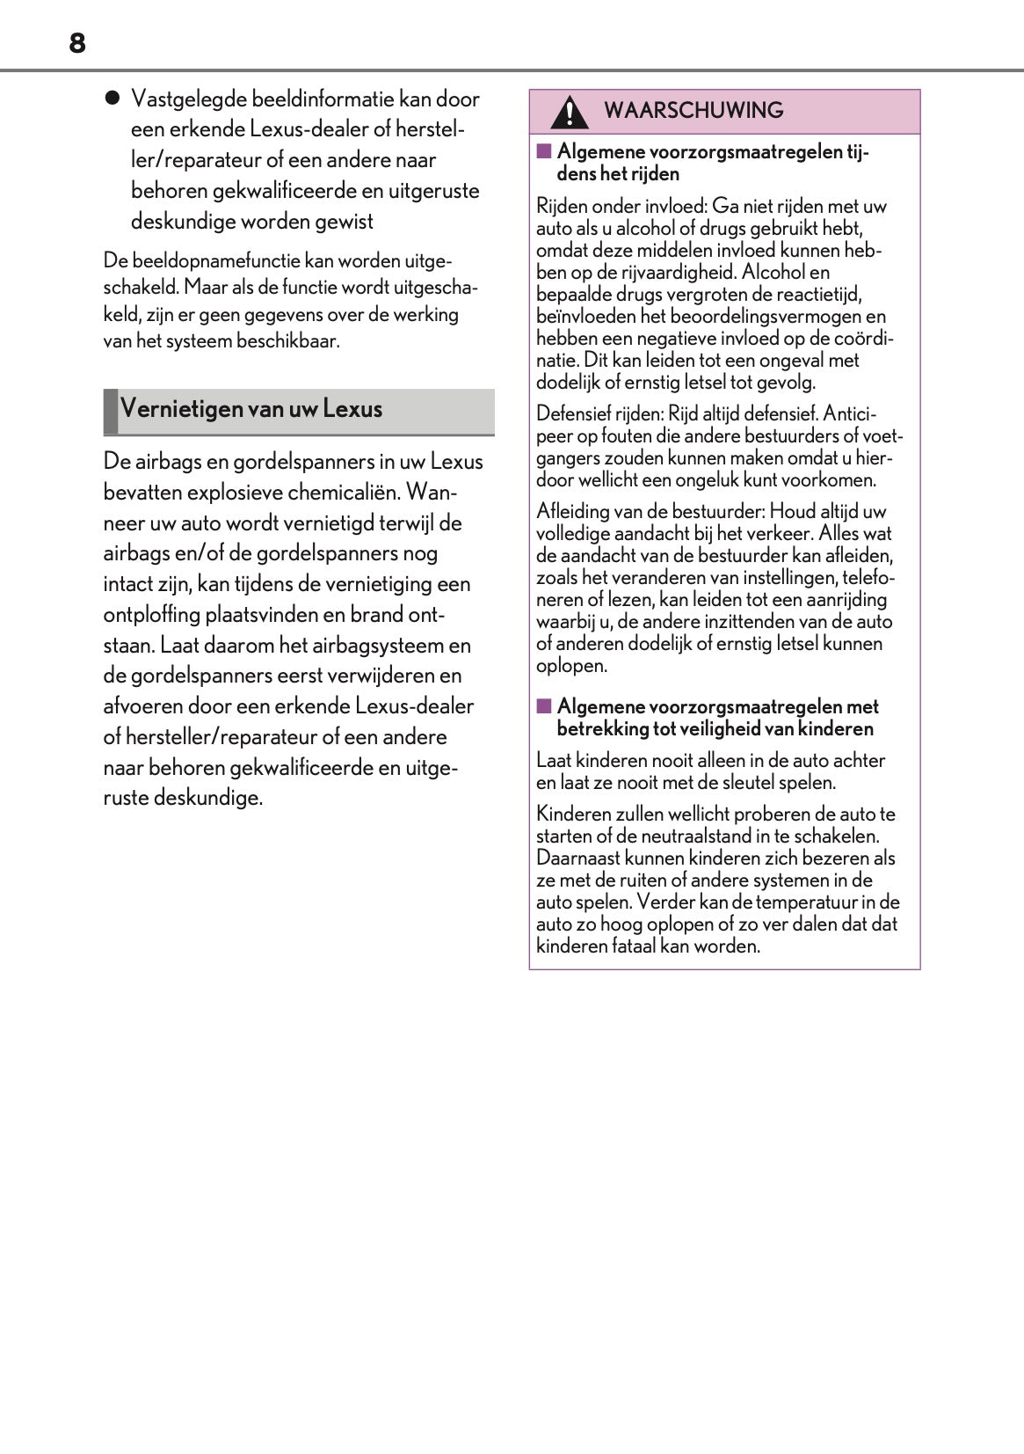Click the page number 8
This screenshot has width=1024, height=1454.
pos(77,43)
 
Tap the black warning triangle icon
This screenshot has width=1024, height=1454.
pos(570,113)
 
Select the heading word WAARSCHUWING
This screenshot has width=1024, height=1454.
pos(694,111)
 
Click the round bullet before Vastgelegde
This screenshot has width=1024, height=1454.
pos(112,99)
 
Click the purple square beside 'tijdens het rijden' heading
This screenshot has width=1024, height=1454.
pos(544,151)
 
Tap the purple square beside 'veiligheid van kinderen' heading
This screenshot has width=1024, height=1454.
pos(544,706)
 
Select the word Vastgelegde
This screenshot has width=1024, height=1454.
pos(189,99)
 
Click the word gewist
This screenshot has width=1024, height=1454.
pos(345,221)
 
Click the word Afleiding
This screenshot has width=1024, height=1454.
pos(573,511)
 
